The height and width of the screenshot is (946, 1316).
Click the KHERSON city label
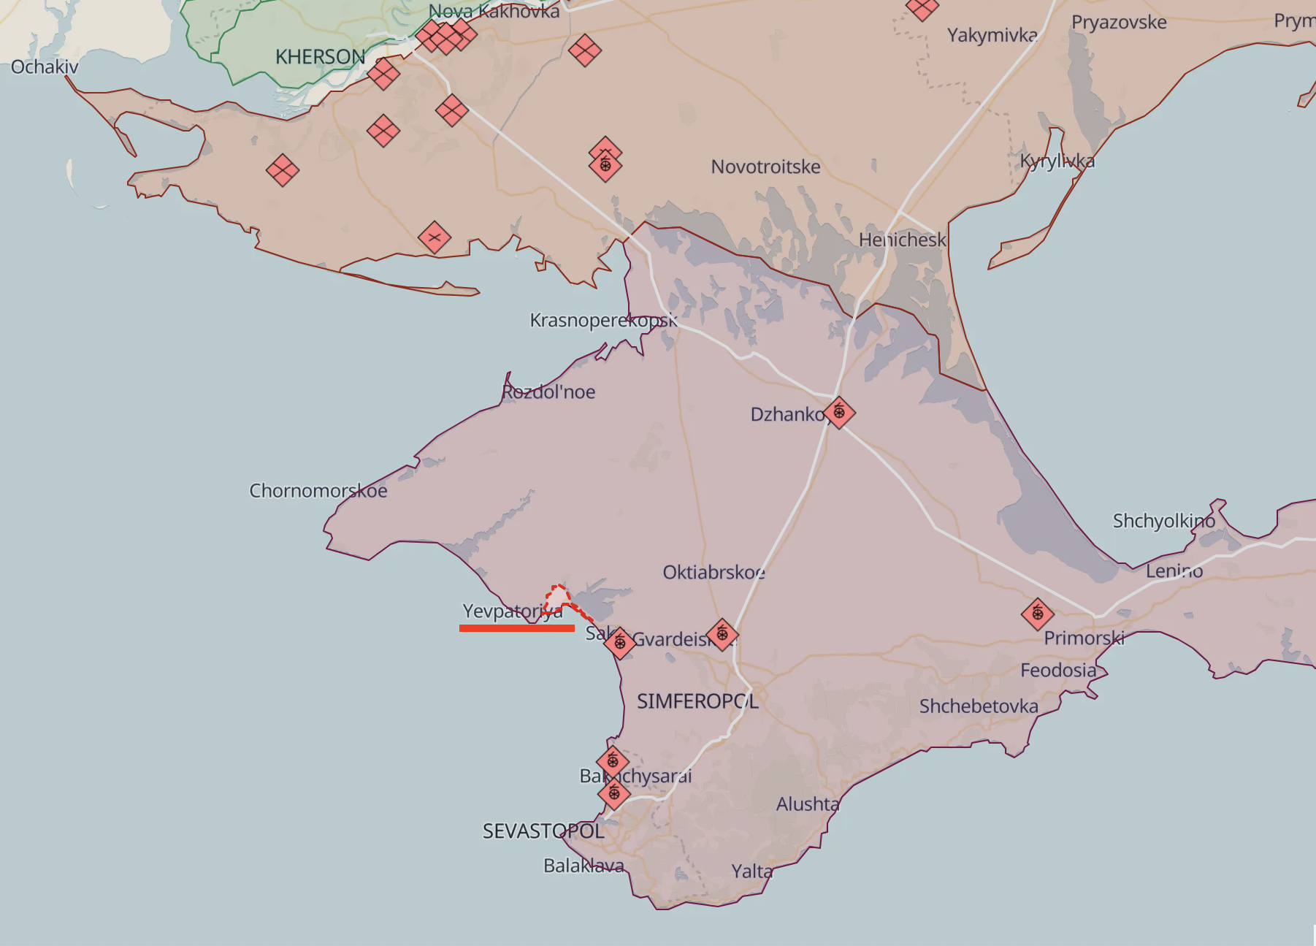[x=320, y=57]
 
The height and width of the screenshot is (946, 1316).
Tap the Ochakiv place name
[x=45, y=67]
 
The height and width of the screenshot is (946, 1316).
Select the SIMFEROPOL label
[x=697, y=701]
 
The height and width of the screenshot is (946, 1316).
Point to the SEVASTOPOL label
[x=543, y=831]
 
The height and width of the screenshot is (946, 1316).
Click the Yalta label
[x=752, y=871]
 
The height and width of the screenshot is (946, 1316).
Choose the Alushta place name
[x=808, y=804]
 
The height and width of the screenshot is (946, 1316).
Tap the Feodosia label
[x=1058, y=670]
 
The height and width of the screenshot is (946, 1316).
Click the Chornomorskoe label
[x=318, y=490]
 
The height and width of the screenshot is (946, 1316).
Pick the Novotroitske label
[x=765, y=167]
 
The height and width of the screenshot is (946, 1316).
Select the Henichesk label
[x=902, y=240]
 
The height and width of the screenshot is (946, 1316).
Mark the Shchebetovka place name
[x=979, y=706]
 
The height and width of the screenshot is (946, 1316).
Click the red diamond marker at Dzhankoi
[x=839, y=413]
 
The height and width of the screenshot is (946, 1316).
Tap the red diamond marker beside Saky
[x=620, y=643]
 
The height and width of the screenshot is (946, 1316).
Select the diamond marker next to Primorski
[x=1038, y=614]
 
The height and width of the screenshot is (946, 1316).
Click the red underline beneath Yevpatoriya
[x=516, y=628]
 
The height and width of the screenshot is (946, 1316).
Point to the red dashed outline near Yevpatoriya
[x=559, y=598]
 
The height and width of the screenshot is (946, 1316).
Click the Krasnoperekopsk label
[x=603, y=321]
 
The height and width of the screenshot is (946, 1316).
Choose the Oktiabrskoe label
[x=714, y=572]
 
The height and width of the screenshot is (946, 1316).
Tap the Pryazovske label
[x=1119, y=23]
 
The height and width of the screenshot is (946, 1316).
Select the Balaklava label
[x=584, y=866]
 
